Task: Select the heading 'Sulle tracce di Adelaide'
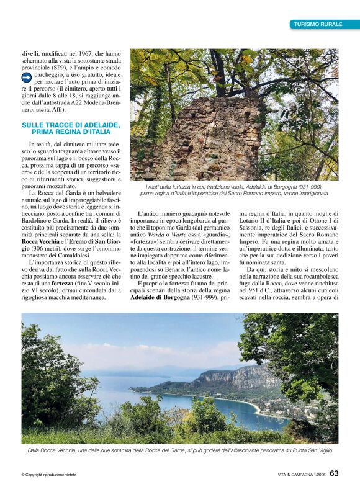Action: point(70,128)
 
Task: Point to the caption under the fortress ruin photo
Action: point(234,190)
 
